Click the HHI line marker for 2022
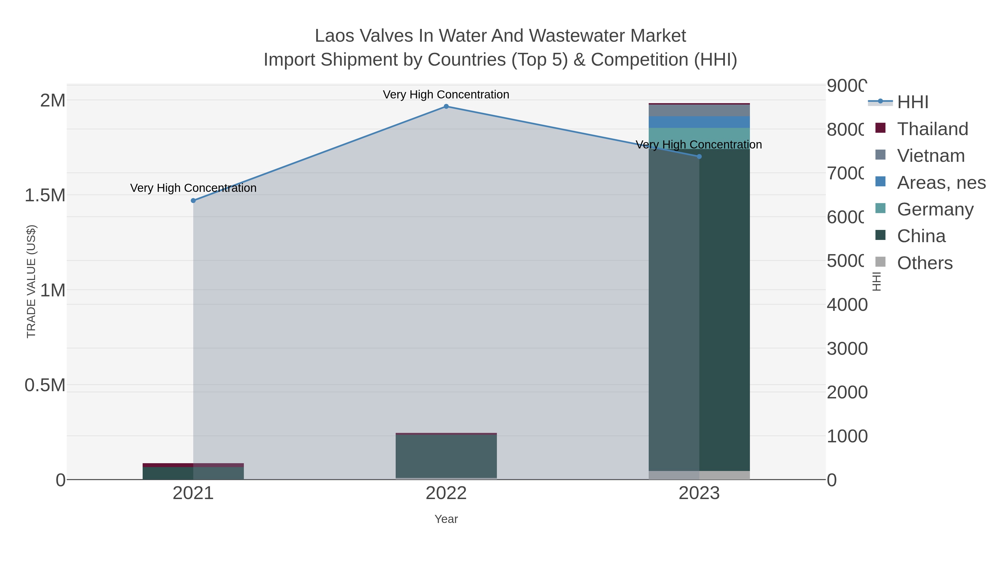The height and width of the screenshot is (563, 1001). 446,106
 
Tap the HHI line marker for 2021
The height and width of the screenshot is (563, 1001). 193,200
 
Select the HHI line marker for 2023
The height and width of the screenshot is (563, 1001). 699,157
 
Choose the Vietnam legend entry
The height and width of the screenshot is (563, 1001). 931,156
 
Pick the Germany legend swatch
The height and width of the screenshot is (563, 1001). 881,208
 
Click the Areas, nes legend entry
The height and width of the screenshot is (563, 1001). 941,183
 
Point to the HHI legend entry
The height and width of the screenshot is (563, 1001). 912,102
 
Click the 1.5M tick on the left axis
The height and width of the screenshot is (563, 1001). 45,195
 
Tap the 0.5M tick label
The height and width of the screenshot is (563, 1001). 45,385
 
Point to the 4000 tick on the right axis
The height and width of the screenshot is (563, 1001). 846,305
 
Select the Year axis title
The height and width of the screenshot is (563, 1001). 446,519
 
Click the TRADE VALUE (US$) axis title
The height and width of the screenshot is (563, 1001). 31,281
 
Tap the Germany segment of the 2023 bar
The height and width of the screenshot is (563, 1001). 699,138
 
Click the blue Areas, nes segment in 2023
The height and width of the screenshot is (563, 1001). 699,122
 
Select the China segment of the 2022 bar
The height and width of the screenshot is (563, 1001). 446,456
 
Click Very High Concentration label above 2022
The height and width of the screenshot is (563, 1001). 446,95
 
